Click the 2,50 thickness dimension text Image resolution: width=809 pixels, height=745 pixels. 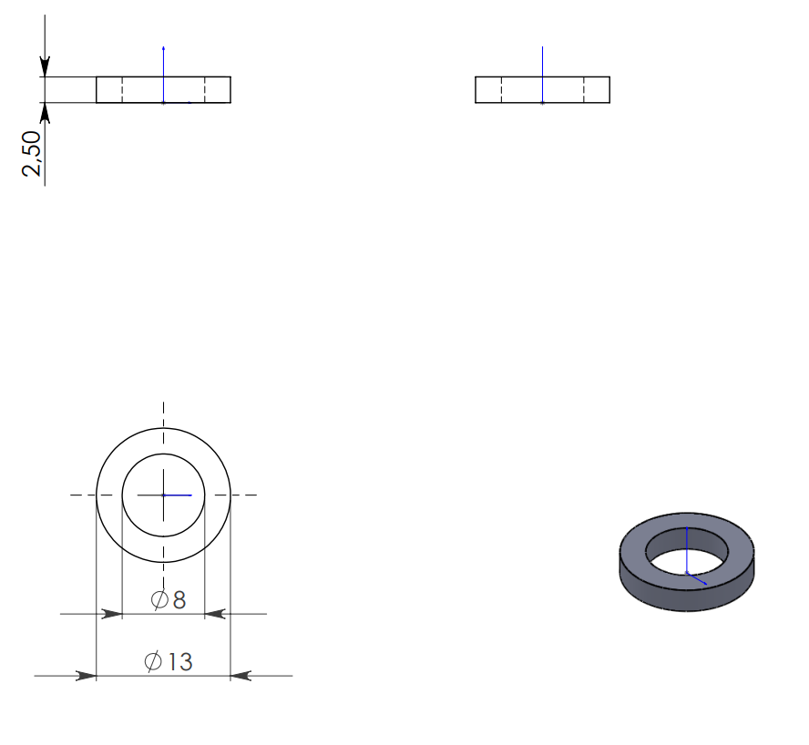pos(32,154)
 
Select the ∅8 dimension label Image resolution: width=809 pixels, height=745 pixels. pos(169,599)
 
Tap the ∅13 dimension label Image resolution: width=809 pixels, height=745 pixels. pos(169,661)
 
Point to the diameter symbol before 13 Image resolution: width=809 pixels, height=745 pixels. pos(153,661)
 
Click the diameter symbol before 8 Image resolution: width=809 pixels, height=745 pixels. pos(159,599)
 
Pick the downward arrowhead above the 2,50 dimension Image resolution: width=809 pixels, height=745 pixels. pos(44,66)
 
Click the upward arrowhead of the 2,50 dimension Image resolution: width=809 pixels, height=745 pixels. pos(44,113)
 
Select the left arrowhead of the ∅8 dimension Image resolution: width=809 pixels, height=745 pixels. pos(111,614)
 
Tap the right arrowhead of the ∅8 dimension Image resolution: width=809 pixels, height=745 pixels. pos(216,614)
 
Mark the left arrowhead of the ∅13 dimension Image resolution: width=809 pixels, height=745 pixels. pos(86,676)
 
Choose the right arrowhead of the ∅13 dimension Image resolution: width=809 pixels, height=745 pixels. pos(241,676)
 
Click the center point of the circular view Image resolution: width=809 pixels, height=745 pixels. pos(163,495)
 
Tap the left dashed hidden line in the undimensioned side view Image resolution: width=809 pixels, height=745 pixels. pos(501,90)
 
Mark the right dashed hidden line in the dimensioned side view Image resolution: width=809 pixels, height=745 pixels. pos(205,90)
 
